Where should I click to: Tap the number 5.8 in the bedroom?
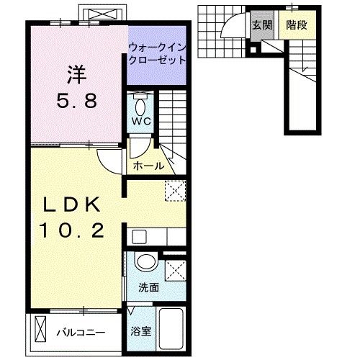coord(77,102)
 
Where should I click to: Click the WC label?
coord(140,120)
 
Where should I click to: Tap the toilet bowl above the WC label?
coord(140,102)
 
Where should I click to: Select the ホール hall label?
coord(149,166)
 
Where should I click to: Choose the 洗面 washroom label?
coord(149,287)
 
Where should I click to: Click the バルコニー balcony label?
coord(81,333)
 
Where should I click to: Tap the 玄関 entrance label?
coord(261,24)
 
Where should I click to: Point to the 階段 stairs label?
coord(297,24)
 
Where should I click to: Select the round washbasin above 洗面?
coord(146,264)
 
